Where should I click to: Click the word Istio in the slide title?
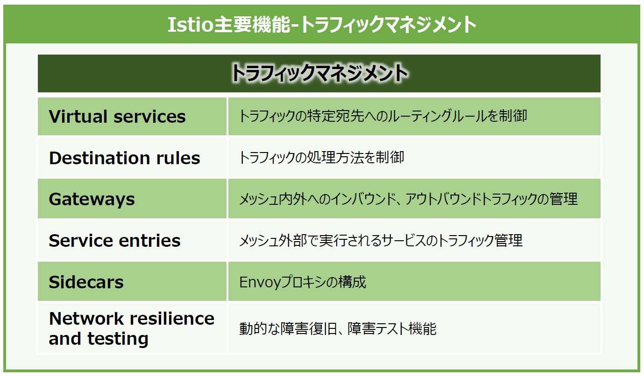(190, 25)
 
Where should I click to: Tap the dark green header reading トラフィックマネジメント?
(319, 74)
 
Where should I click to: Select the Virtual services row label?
(117, 116)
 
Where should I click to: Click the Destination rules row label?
(125, 158)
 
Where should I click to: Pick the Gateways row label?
(92, 199)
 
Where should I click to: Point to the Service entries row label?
(115, 240)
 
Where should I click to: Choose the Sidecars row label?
(86, 282)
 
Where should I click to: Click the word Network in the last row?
(87, 319)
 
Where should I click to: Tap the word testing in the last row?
(118, 339)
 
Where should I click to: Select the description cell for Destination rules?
(414, 157)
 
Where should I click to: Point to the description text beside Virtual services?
(383, 116)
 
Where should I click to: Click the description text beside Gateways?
(408, 199)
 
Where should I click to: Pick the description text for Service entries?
(381, 240)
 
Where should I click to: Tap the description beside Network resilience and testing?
(338, 329)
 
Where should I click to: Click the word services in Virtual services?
(150, 116)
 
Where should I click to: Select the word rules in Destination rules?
(178, 158)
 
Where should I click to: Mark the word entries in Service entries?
(150, 240)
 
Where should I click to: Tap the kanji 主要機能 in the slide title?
(252, 25)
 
